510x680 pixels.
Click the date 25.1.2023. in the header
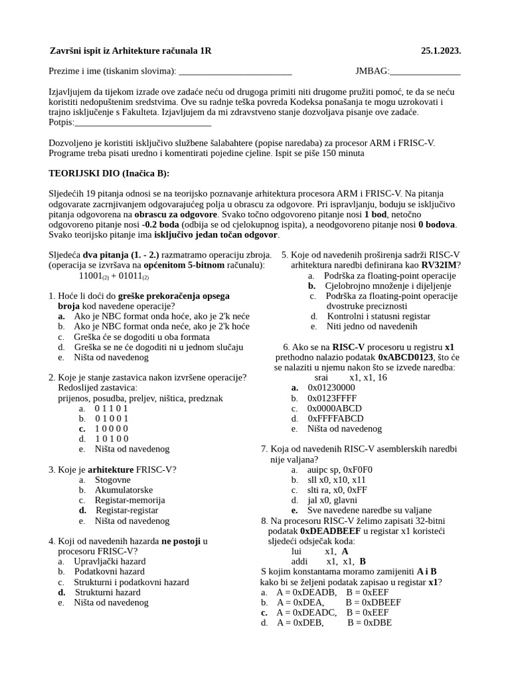[440, 51]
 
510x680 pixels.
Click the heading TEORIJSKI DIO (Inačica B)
[109, 173]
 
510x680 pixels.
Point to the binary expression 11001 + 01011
[114, 276]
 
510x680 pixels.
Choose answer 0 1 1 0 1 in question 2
[112, 408]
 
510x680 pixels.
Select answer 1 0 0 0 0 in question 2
[112, 428]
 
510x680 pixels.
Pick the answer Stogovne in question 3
[112, 479]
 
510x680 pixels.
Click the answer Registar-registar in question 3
[127, 510]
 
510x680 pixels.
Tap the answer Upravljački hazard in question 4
[110, 561]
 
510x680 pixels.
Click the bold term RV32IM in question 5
[440, 265]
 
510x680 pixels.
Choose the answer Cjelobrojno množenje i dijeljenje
[388, 286]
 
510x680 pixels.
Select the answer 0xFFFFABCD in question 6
[335, 418]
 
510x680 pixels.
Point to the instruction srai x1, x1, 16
[351, 377]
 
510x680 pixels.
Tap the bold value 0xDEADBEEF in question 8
[331, 531]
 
